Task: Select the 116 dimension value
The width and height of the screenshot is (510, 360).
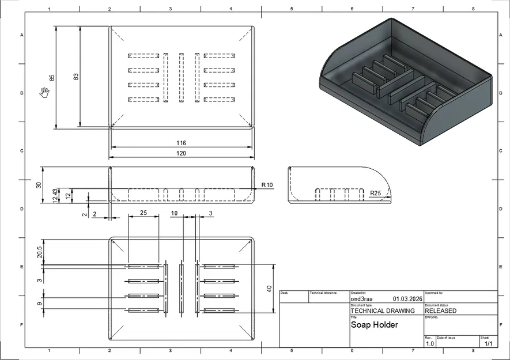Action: (x=181, y=143)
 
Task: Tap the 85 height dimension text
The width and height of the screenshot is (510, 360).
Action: (x=52, y=78)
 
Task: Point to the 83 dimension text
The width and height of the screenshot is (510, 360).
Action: (x=76, y=77)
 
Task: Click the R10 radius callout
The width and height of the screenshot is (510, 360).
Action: (x=267, y=185)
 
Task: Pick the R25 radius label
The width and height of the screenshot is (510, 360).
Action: (x=375, y=193)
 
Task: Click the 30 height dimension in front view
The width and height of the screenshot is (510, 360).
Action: (x=39, y=185)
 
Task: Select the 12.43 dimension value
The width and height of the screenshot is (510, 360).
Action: (x=55, y=195)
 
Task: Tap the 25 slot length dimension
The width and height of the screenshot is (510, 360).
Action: (x=143, y=213)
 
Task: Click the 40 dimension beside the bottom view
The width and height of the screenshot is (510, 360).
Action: (x=269, y=289)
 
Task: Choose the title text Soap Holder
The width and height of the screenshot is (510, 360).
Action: (x=374, y=325)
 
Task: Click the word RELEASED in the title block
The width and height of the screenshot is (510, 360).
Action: (x=441, y=310)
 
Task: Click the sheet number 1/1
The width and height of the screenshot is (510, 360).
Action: (x=488, y=344)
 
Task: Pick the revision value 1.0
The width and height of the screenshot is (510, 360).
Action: (x=430, y=344)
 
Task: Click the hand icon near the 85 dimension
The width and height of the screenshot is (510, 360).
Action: (x=44, y=92)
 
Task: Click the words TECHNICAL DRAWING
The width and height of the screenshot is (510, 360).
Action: (x=382, y=310)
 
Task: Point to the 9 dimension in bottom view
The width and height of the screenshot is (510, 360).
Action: (x=39, y=304)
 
